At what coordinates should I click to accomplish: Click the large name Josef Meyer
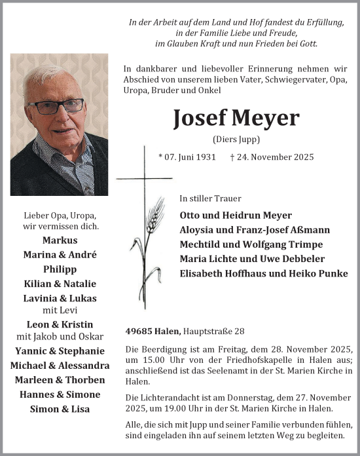(x=236, y=118)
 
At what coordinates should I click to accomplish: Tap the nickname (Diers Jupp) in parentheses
(x=237, y=139)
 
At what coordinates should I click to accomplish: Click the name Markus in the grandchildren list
(x=60, y=240)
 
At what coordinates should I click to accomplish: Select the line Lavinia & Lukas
(x=60, y=298)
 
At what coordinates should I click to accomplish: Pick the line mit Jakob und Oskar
(x=60, y=337)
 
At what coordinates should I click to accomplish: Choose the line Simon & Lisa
(x=60, y=409)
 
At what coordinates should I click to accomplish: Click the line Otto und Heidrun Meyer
(x=236, y=216)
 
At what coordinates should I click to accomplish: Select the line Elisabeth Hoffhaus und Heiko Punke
(x=264, y=273)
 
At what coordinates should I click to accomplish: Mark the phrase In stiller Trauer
(x=210, y=199)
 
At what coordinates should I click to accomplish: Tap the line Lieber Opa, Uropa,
(x=60, y=216)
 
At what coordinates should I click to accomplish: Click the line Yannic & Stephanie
(x=60, y=351)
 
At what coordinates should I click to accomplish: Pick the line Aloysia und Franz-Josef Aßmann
(x=255, y=230)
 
